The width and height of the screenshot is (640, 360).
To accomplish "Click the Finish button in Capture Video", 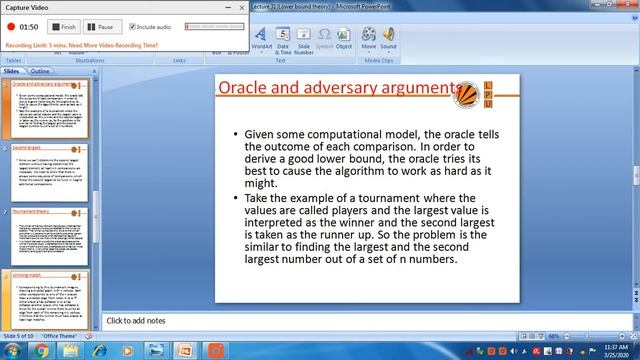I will coord(65,27).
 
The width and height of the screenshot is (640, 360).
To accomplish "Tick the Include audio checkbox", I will coord(132,27).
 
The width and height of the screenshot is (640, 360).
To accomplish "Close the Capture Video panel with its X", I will coord(240,8).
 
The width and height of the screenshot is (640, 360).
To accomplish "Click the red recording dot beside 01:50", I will coord(9,27).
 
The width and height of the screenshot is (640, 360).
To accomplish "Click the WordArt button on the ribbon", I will coord(261,39).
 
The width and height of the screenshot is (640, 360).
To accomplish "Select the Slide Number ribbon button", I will coord(304,39).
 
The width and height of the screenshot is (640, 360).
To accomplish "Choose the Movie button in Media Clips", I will coord(369,39).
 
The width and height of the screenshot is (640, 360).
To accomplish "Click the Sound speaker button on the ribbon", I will coord(388,39).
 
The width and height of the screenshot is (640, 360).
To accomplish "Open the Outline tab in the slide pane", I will coord(40,72).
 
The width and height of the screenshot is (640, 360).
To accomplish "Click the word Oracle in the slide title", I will coord(250,88).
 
